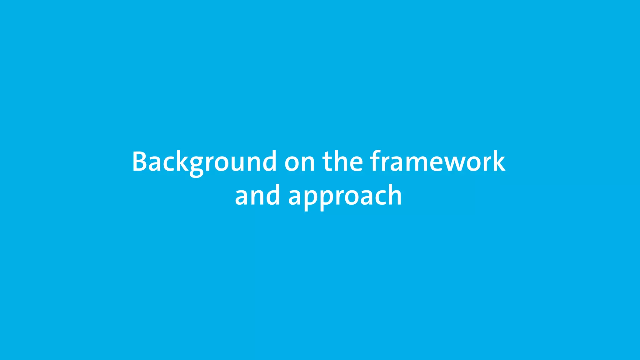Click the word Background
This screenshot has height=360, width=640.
coord(204,162)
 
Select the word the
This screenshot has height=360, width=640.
coord(342,162)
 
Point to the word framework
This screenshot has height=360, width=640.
coord(437,162)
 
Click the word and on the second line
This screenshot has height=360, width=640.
coord(257,196)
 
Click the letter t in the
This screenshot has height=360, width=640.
coord(327,162)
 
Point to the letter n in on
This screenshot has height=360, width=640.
coord(307,163)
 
